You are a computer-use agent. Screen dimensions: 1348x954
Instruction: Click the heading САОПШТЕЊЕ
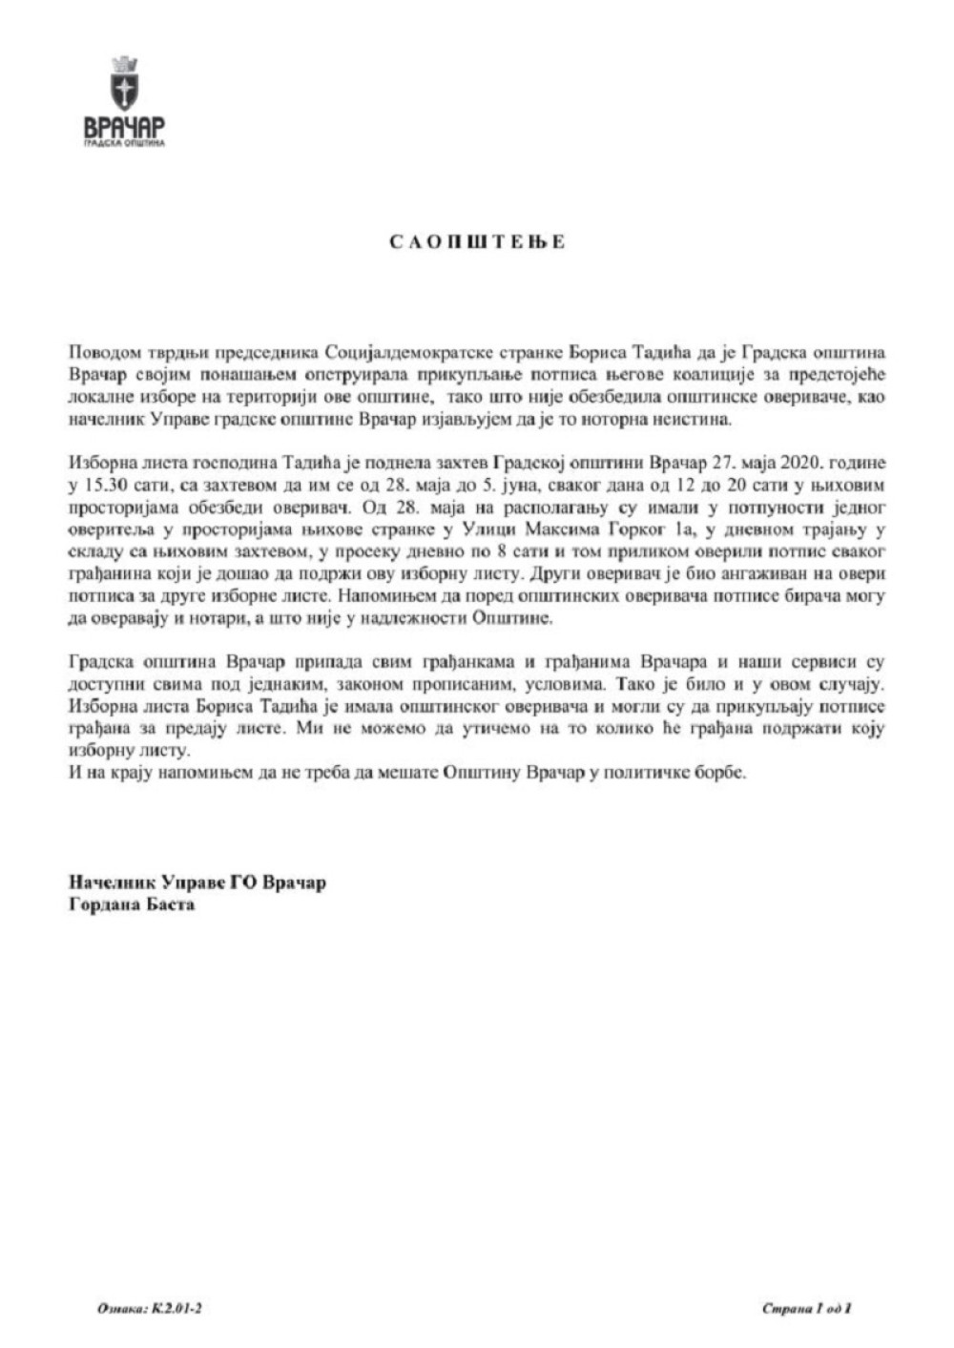478,241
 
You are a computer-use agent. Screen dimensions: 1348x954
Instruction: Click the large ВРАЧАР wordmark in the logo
125,127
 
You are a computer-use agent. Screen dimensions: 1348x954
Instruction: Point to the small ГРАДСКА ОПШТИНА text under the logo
125,144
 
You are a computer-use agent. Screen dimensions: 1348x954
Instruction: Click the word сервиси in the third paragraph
816,661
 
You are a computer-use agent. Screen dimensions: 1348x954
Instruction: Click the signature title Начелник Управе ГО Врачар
197,882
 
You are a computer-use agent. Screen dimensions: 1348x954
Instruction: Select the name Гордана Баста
132,903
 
